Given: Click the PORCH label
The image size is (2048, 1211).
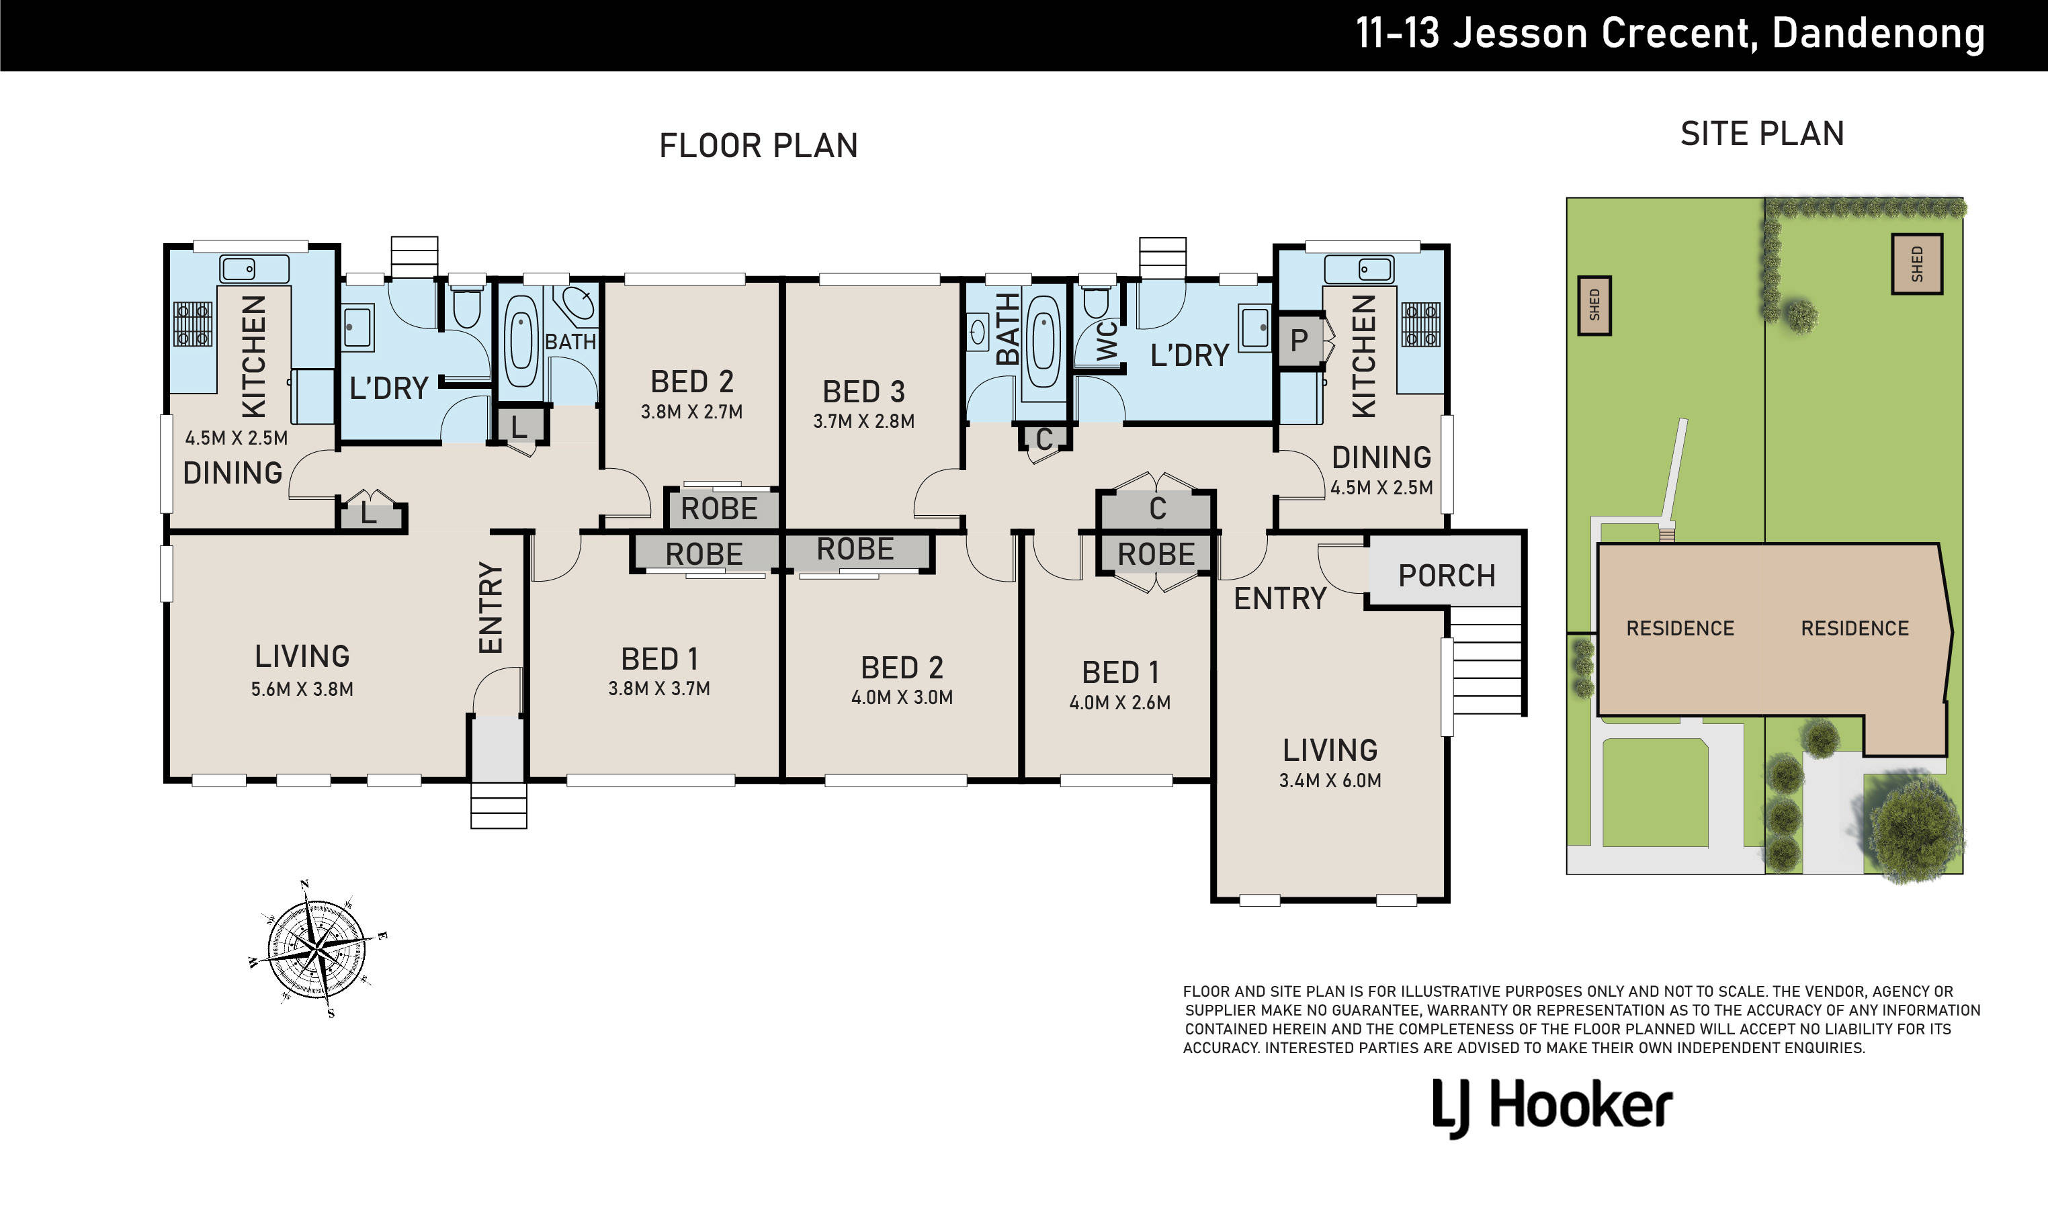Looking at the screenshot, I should [1447, 576].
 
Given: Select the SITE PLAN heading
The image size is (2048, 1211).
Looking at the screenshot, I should [1762, 134].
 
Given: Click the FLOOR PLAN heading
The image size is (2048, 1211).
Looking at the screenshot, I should [759, 146].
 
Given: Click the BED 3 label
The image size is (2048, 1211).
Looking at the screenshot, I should [863, 392].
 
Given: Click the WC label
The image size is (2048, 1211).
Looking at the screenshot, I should [1106, 341].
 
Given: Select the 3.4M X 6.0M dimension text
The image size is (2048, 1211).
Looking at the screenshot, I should [1330, 781].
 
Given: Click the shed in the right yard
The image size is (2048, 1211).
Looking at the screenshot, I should [1916, 263].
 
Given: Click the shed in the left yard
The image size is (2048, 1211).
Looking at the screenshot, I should [1594, 305].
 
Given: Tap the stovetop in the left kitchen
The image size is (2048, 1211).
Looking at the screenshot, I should [194, 324].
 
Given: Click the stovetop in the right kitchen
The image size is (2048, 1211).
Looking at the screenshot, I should [1420, 324].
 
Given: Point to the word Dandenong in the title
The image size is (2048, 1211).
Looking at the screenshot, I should [1878, 34].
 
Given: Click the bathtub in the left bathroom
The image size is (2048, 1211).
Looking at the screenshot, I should [520, 341].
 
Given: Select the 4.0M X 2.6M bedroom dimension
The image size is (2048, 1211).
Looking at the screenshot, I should [1119, 703].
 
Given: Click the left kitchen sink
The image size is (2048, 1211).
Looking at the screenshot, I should [254, 269].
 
